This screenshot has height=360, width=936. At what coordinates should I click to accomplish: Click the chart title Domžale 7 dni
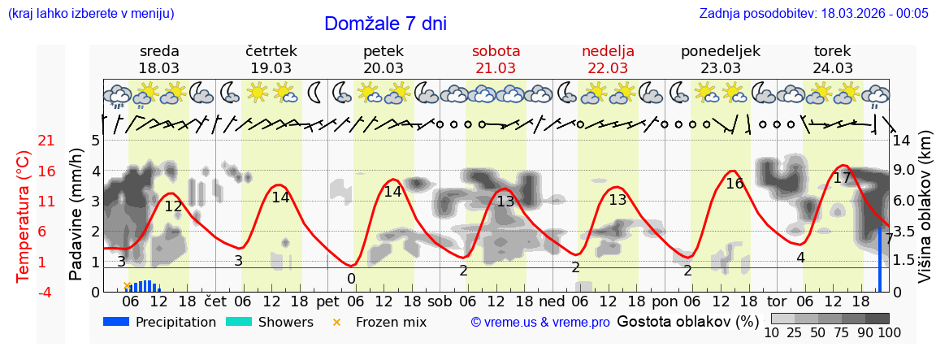pos(385,24)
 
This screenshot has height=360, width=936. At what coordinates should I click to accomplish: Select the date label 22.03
pos(608,68)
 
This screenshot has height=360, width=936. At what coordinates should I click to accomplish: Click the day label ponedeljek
pos(721,51)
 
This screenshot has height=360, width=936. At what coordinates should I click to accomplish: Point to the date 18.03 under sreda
pos(159,68)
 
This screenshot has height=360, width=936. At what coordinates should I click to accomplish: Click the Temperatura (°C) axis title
pos(24,215)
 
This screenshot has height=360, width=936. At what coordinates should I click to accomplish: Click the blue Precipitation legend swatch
pos(117,322)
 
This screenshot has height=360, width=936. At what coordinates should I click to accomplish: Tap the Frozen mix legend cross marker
pos(337,322)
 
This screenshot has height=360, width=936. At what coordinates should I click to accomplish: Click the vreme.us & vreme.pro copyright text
pos(540,322)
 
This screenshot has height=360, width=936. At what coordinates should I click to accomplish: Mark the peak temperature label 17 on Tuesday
pos(842,178)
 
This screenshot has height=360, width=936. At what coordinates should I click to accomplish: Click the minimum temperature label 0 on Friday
pos(351,279)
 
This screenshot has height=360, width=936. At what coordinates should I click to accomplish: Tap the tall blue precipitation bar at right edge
pos(880,258)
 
